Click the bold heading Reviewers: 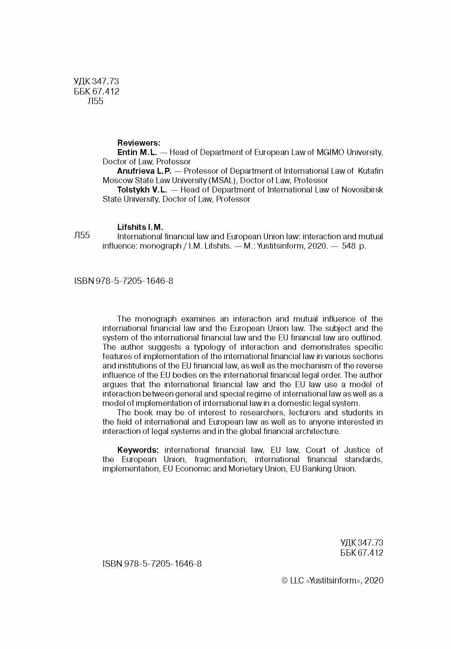coord(138,143)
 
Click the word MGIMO coord(330,152)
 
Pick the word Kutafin coord(371,171)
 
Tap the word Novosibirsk coord(362,189)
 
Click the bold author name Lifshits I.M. coord(140,227)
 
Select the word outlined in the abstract coord(367,337)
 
